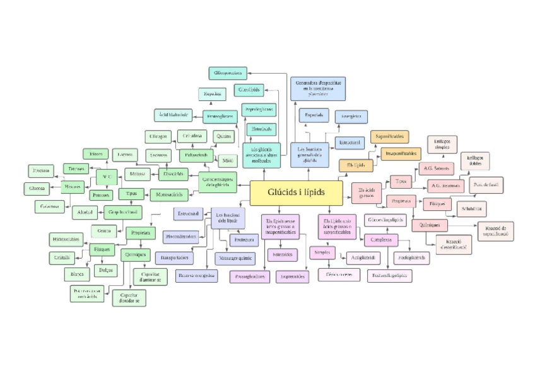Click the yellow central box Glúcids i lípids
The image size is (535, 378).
(296, 192)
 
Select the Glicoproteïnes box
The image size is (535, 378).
(228, 73)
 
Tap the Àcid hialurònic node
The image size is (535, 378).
(173, 115)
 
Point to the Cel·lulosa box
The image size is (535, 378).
(192, 135)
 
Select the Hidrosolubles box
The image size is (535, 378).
(67, 239)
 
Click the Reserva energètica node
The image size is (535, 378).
(196, 275)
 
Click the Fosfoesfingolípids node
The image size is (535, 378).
(389, 275)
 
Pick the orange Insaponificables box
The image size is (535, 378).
(401, 153)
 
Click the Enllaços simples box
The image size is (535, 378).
(442, 145)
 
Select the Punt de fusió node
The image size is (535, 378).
(485, 184)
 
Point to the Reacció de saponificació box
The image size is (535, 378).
(495, 231)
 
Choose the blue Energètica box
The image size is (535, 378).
(351, 116)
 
